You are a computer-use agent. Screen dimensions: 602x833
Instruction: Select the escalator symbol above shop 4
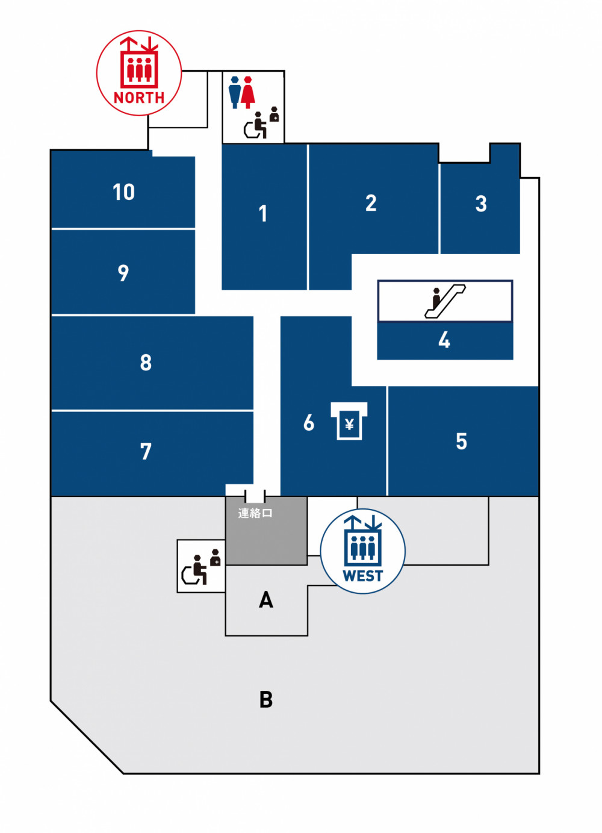click(445, 301)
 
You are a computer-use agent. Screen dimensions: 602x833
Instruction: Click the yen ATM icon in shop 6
click(349, 421)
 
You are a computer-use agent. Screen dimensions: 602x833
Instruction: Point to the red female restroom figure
click(247, 93)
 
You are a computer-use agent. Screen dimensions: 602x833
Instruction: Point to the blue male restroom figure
click(235, 93)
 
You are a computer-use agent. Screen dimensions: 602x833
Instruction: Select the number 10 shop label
click(123, 192)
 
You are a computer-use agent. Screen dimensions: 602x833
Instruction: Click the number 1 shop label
click(263, 213)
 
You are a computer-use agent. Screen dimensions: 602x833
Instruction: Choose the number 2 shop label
click(370, 203)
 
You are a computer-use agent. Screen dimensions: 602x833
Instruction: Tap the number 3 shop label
click(481, 204)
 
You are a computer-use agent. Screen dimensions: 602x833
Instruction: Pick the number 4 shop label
click(444, 340)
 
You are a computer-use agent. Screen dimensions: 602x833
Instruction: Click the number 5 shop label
click(461, 441)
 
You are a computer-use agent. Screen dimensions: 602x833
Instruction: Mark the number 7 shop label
click(146, 452)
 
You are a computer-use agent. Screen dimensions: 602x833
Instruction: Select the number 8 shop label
click(146, 362)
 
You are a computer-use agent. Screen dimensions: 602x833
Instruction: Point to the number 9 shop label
click(123, 273)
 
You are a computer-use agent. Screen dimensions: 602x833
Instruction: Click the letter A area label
click(265, 600)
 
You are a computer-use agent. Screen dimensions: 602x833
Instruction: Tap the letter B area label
click(266, 699)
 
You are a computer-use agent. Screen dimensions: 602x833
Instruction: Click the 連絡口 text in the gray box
click(255, 513)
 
